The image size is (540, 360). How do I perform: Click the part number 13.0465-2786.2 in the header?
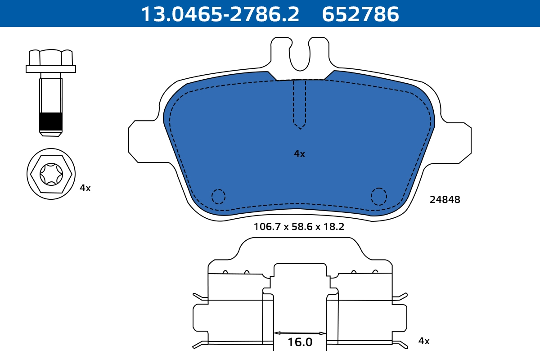[220, 14]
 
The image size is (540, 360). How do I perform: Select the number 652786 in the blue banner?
[360, 14]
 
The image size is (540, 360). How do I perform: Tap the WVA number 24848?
[445, 200]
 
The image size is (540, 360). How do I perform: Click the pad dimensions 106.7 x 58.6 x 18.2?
[299, 227]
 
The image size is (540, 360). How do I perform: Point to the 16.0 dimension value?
[300, 342]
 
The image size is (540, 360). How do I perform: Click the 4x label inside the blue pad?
[299, 154]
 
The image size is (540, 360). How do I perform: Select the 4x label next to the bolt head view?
[85, 188]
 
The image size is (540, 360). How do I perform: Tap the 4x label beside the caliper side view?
[424, 341]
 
